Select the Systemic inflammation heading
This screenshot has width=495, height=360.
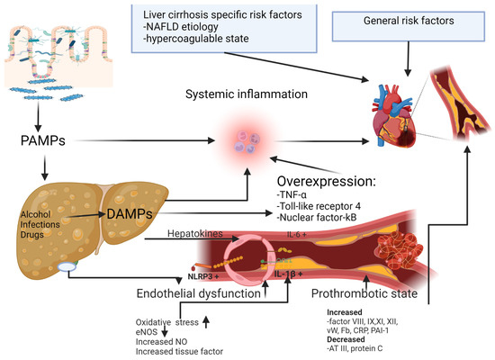[246, 94]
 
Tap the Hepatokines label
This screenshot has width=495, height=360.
[219, 232]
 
